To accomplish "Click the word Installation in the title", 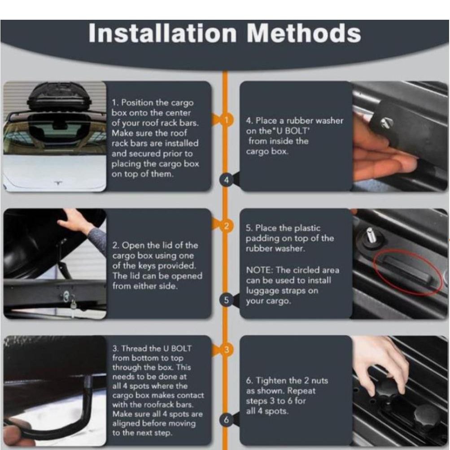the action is (162, 33).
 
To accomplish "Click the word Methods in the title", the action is (304, 33).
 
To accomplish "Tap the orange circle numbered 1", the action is (227, 120).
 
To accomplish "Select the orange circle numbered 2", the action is (227, 226).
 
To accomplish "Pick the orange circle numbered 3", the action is (227, 350).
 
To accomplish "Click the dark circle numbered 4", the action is (227, 180).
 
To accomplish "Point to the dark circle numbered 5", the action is (227, 300).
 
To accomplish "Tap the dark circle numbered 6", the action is (227, 420).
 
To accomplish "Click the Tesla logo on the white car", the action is (58, 183).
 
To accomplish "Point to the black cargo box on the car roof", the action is (59, 96).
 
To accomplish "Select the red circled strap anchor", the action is (407, 271).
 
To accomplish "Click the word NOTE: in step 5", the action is (259, 270).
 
